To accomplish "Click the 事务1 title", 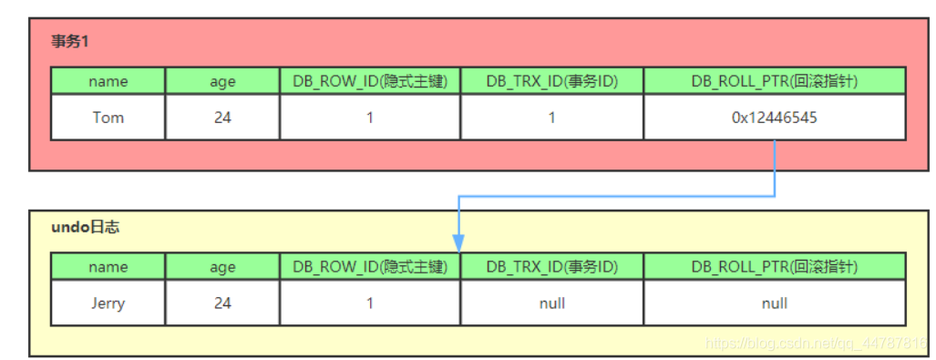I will (x=70, y=41).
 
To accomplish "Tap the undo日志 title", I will (x=85, y=227).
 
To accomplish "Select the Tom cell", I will (x=108, y=118).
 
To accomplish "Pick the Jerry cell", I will (x=108, y=303).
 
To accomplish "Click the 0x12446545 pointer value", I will (x=774, y=118).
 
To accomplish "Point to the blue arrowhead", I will (x=458, y=243).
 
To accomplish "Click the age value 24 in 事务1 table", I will (x=222, y=118).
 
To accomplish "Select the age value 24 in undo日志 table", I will (x=222, y=303).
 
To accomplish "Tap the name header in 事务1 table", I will (x=108, y=81).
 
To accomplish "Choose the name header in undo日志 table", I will (x=108, y=267).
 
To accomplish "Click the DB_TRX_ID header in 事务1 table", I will (x=551, y=81).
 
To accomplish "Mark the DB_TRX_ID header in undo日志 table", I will (x=551, y=267).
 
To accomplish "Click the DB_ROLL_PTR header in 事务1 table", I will (x=774, y=81).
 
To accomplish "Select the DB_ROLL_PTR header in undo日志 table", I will (x=774, y=267).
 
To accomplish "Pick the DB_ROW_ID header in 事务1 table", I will (x=370, y=81).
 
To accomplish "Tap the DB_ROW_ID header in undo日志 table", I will (x=370, y=267).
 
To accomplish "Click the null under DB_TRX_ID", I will (x=551, y=303).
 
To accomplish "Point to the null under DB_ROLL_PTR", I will (x=774, y=303).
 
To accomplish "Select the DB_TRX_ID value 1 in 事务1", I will (x=551, y=118).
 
